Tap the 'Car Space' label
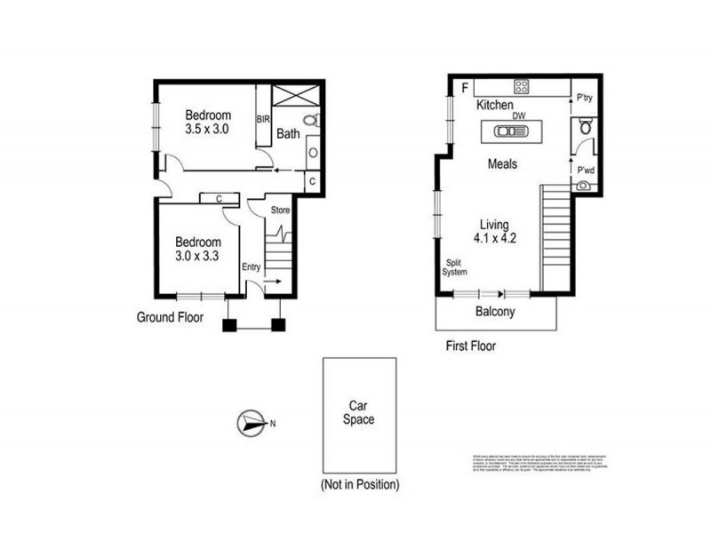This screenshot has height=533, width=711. (x=360, y=411)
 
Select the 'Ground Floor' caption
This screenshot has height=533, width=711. (x=170, y=316)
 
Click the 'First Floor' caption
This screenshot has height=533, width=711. (x=471, y=346)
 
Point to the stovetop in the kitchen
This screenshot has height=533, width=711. (x=522, y=87)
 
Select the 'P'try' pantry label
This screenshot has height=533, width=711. (x=585, y=98)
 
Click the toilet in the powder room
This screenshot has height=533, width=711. (x=585, y=129)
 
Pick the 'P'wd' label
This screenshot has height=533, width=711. (x=585, y=171)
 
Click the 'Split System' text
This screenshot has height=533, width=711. (x=456, y=266)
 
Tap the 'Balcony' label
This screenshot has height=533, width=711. (x=496, y=312)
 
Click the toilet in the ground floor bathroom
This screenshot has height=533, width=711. (x=308, y=120)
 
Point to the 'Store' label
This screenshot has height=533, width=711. (x=281, y=210)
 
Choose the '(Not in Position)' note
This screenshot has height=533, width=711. (x=359, y=485)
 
